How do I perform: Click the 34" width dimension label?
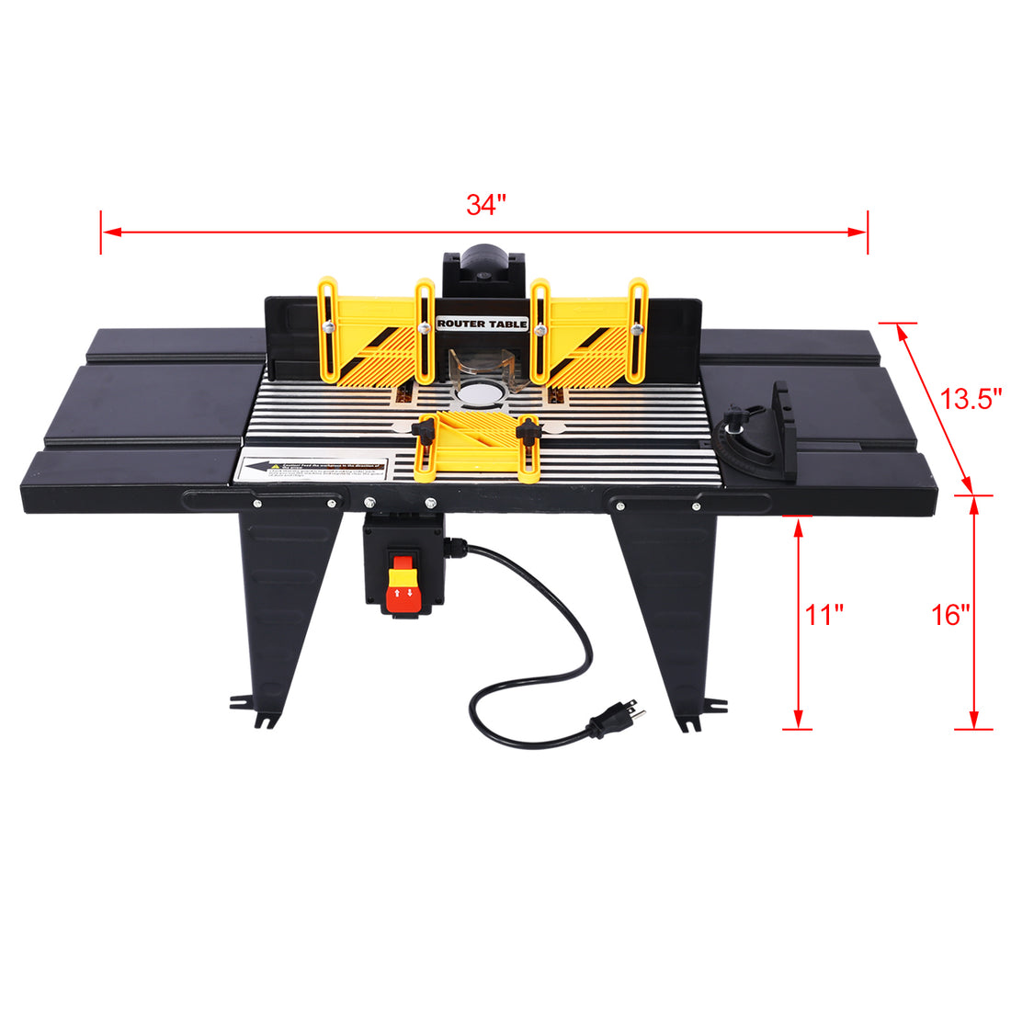[485, 205]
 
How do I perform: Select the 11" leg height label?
[824, 615]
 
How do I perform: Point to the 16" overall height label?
[950, 615]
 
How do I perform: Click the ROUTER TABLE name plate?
[483, 324]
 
